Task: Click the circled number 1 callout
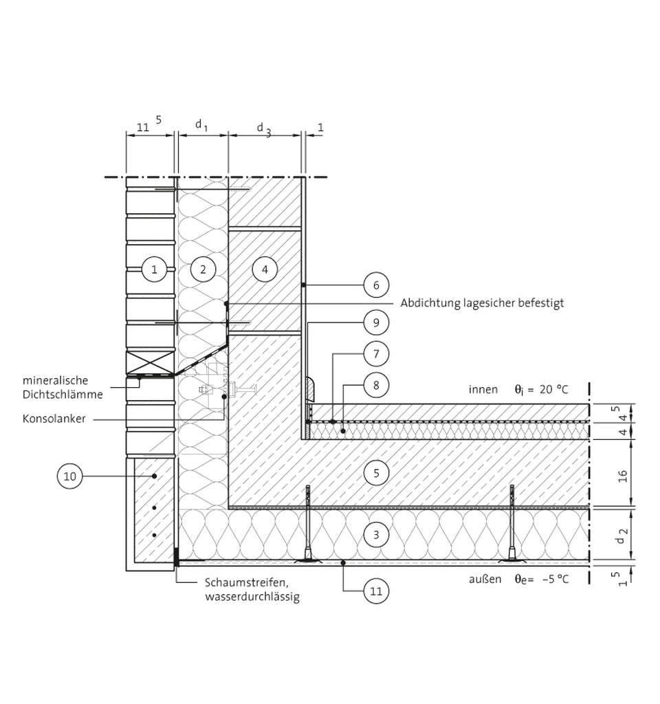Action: click(154, 269)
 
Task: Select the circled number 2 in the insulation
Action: click(203, 269)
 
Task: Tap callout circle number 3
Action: click(376, 535)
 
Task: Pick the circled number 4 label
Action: click(265, 269)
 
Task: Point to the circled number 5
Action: click(376, 473)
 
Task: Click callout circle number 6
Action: click(376, 285)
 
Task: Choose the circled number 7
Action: click(376, 354)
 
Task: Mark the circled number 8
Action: click(376, 385)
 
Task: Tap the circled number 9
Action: click(376, 322)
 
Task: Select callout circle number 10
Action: click(70, 476)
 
